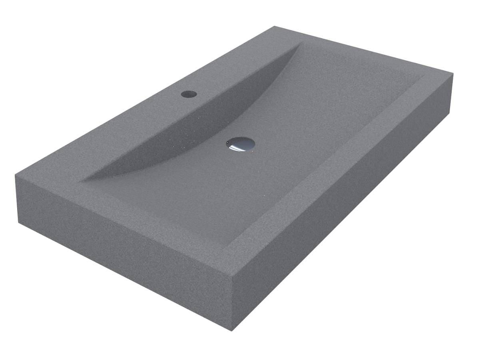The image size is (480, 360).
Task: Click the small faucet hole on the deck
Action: pyautogui.click(x=189, y=94)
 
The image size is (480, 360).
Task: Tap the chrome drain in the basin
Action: pyautogui.click(x=240, y=144)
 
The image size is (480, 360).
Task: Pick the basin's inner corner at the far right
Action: pyautogui.click(x=424, y=76)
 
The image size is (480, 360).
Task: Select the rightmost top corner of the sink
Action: pyautogui.click(x=453, y=74)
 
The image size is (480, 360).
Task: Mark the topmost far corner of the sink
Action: pyautogui.click(x=274, y=26)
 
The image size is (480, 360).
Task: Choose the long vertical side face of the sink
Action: pyautogui.click(x=344, y=200)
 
